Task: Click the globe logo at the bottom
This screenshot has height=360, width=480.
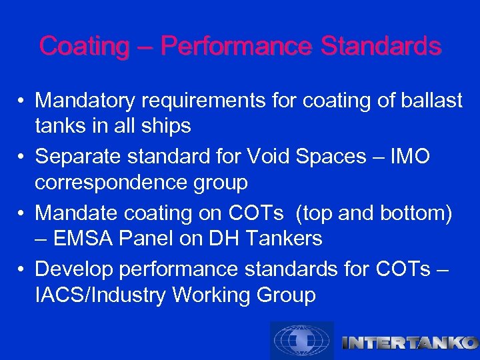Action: pyautogui.click(x=301, y=341)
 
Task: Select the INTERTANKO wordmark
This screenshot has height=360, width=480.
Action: pyautogui.click(x=409, y=343)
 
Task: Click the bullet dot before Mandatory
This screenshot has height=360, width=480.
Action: pyautogui.click(x=22, y=101)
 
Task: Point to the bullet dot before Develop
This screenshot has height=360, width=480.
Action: pyautogui.click(x=22, y=270)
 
